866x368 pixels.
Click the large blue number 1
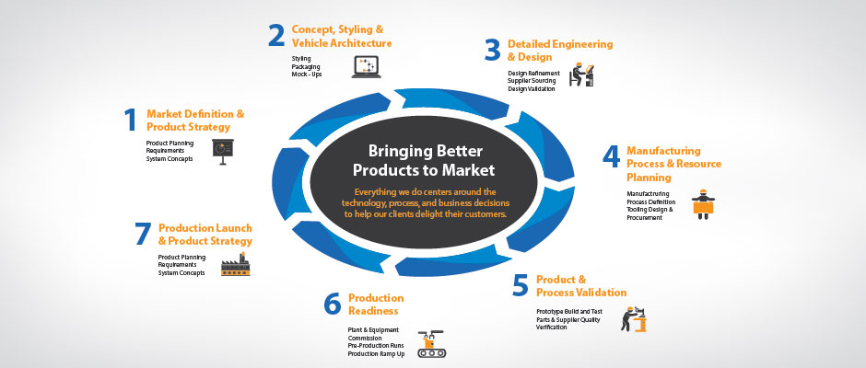coord(130,120)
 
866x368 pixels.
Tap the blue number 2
coord(275,35)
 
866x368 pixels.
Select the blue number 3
coord(492,50)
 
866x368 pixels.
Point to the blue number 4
coord(611,156)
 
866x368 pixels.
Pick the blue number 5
coord(521,285)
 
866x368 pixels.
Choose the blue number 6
coord(333,304)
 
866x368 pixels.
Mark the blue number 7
coord(143,234)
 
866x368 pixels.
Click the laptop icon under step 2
coord(366,67)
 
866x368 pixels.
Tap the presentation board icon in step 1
coord(223,152)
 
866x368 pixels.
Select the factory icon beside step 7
coord(235,264)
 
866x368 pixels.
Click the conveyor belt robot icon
coord(431,344)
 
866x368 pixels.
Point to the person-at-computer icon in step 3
coord(582,75)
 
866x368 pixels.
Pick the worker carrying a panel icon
coord(703,204)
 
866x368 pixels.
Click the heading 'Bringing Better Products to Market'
coord(424,160)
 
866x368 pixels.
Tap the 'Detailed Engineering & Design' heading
coord(560,51)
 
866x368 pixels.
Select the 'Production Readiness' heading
coord(376,304)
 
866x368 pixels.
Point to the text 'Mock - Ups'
coord(307,74)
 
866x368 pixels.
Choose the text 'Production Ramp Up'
coord(376,353)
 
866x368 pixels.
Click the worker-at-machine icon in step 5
coord(634,319)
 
